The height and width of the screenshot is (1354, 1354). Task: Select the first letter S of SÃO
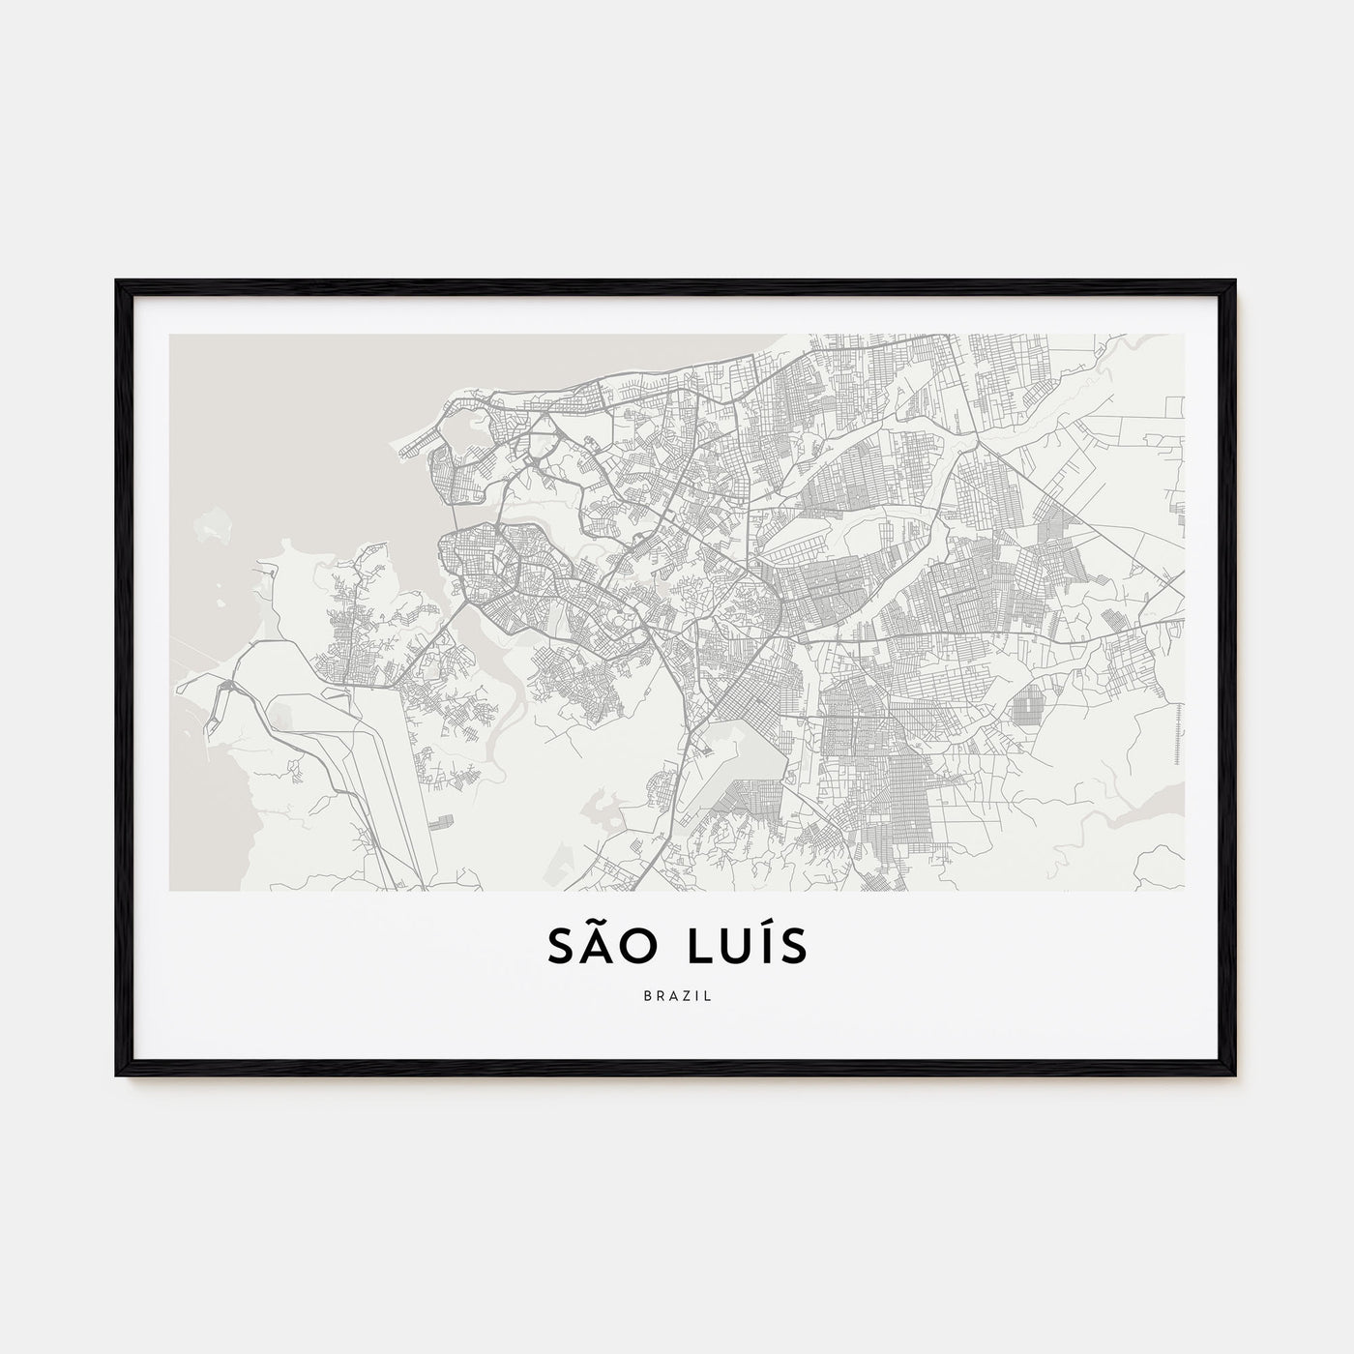pyautogui.click(x=562, y=948)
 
